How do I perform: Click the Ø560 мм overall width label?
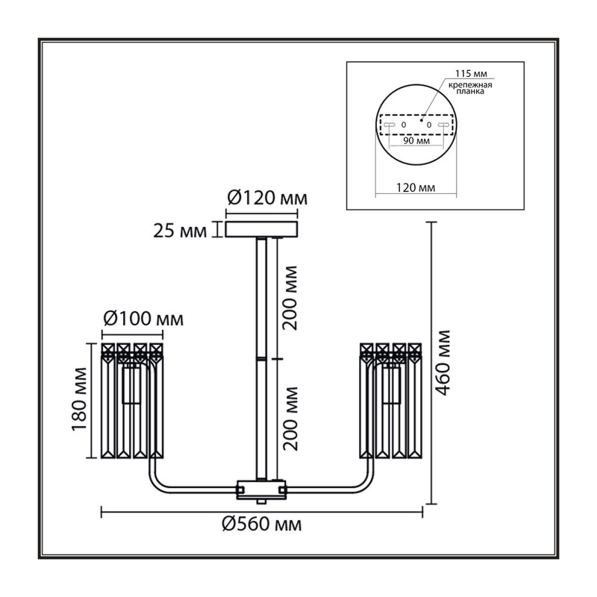click(262, 525)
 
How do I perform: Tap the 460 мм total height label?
click(443, 363)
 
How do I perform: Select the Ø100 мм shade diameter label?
click(143, 319)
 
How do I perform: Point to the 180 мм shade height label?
click(80, 399)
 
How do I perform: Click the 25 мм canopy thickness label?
click(180, 231)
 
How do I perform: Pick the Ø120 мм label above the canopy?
click(267, 198)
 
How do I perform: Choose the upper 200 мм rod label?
click(290, 298)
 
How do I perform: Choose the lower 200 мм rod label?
click(290, 419)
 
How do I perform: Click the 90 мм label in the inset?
click(416, 141)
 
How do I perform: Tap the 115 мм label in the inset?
click(472, 73)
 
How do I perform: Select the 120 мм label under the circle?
click(416, 188)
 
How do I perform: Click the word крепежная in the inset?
click(470, 85)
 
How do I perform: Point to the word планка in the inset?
click(470, 91)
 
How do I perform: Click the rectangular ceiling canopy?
click(261, 229)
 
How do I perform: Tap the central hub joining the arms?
click(261, 490)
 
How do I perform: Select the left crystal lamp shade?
click(132, 401)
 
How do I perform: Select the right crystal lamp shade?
click(390, 401)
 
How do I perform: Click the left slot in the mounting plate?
click(389, 125)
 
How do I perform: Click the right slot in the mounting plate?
click(443, 125)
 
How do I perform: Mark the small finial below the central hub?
click(261, 501)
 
